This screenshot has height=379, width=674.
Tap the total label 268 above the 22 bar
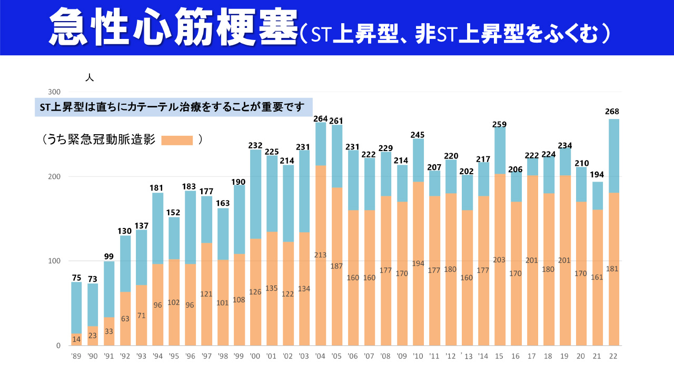[612, 112]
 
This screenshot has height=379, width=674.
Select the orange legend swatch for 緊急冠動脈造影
[177, 140]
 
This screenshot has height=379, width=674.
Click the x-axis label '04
[320, 356]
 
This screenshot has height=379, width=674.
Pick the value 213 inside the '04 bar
[320, 255]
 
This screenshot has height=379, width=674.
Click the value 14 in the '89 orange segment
[76, 338]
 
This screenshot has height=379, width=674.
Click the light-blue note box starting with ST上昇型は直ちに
[174, 107]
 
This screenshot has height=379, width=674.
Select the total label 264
[320, 119]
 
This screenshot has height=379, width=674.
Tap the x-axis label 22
[612, 356]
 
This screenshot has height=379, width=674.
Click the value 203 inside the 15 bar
[500, 260]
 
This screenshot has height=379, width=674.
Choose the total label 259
[500, 125]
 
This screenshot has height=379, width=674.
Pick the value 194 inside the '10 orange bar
[418, 264]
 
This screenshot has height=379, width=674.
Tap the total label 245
[418, 135]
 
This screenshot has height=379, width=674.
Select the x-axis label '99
[239, 356]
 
